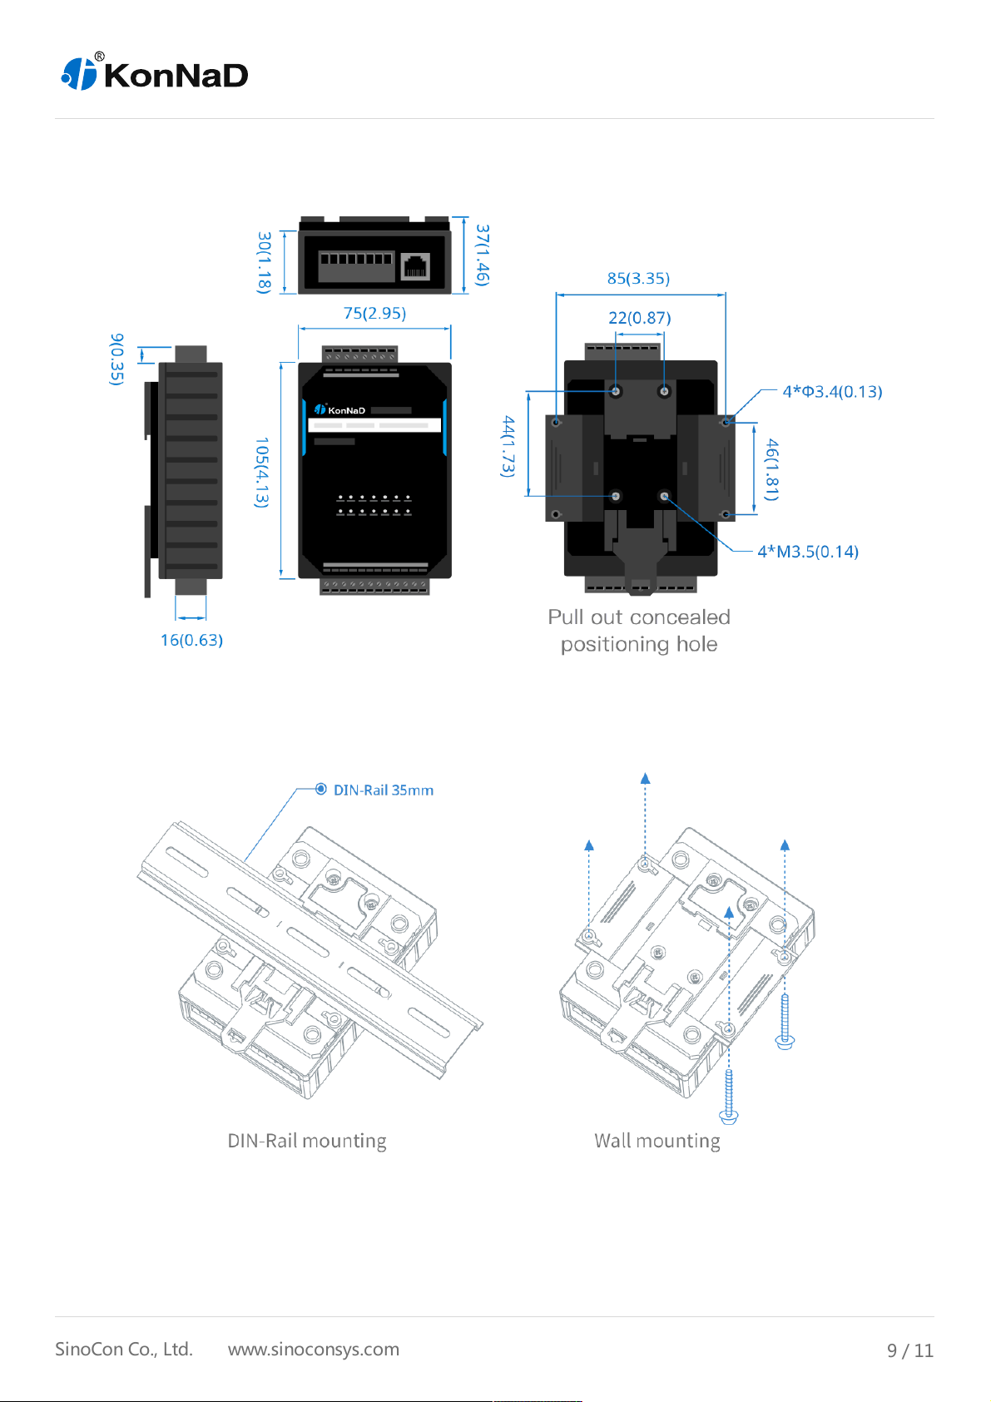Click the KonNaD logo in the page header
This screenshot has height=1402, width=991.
[155, 74]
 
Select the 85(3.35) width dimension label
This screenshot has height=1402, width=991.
[638, 278]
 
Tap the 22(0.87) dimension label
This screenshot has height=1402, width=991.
[639, 317]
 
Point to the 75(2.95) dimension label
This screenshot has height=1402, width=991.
[374, 313]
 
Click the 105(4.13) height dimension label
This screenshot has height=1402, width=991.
[262, 472]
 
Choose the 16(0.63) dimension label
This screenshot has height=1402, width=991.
[191, 640]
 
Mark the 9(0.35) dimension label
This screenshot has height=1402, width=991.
[117, 359]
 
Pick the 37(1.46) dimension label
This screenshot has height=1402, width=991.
[483, 255]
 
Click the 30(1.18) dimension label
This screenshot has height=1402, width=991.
[265, 262]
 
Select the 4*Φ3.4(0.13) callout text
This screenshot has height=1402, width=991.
[832, 391]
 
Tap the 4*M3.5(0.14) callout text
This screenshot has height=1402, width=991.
[807, 551]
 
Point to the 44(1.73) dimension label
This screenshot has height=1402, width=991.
[508, 447]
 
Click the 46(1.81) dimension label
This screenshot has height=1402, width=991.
[772, 469]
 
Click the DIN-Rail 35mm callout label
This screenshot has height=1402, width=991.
[383, 790]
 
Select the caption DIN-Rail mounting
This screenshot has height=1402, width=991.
[307, 1140]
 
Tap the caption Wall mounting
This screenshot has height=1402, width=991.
[657, 1140]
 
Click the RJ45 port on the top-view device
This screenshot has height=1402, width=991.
[415, 266]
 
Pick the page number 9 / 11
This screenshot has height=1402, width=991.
[909, 1350]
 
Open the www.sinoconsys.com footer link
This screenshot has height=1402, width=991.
[314, 1349]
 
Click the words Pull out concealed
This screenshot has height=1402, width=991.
[638, 617]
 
